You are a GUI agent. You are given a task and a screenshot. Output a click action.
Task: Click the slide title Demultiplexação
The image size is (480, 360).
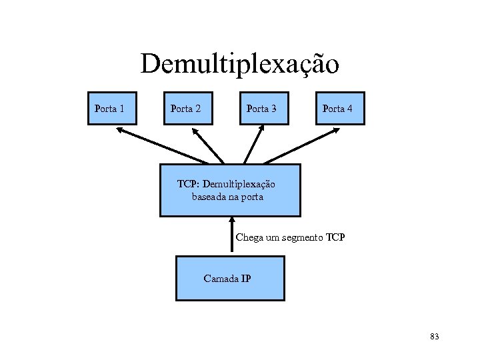(x=239, y=64)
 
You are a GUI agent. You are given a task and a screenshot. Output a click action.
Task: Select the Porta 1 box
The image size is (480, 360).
(x=112, y=108)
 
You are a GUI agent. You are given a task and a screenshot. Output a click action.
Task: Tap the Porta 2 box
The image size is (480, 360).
(x=188, y=108)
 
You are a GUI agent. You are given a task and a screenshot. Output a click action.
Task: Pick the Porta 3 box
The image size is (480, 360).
(x=264, y=108)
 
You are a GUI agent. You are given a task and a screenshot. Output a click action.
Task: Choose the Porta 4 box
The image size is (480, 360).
(x=340, y=108)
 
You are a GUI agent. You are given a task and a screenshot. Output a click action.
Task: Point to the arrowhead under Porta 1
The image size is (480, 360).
(x=120, y=131)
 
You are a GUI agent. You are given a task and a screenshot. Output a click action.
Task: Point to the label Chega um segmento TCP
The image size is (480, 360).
(x=290, y=237)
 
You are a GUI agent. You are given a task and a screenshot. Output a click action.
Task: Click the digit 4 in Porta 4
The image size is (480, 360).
(x=350, y=108)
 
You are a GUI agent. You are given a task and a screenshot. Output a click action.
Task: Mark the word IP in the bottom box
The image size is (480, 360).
(x=245, y=279)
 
